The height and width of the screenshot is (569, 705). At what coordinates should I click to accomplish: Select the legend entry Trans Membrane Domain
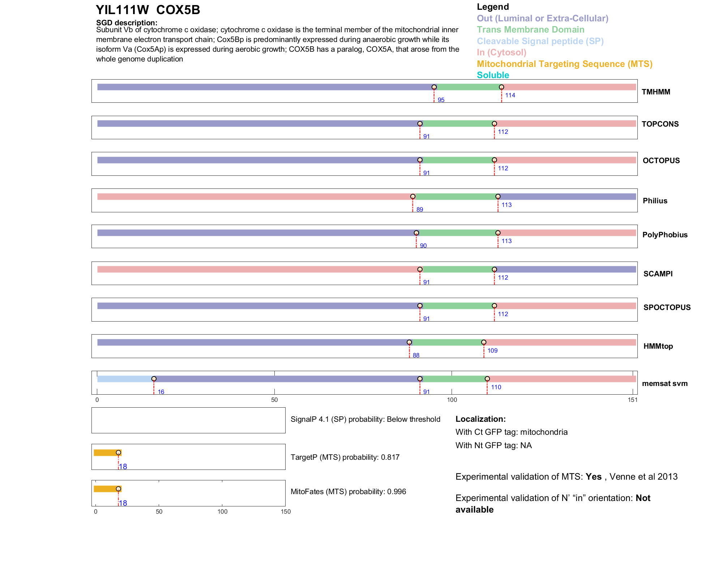(x=530, y=30)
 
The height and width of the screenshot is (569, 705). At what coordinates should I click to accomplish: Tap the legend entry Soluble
(x=493, y=75)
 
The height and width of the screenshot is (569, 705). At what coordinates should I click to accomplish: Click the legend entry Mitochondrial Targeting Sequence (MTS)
(x=564, y=64)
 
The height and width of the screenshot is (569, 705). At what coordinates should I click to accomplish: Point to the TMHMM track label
(x=655, y=92)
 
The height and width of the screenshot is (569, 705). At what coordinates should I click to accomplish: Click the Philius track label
(x=655, y=201)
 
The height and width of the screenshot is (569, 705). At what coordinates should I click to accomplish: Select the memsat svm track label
(x=665, y=383)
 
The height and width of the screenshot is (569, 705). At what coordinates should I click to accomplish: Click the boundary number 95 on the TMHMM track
(x=441, y=100)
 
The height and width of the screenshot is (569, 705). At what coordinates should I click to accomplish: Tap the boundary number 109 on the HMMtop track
(x=492, y=351)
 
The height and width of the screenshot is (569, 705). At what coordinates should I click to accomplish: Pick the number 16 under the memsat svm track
(x=161, y=392)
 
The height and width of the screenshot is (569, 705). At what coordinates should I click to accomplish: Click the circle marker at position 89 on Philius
(x=413, y=196)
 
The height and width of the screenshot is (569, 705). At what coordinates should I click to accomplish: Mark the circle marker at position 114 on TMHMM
(x=501, y=87)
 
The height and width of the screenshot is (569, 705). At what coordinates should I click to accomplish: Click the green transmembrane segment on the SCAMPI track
(x=457, y=269)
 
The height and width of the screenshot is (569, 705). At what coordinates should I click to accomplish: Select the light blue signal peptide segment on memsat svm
(x=125, y=379)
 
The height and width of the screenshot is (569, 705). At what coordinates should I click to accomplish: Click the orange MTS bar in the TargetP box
(x=106, y=453)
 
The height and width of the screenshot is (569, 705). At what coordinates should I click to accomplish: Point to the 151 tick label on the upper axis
(x=632, y=400)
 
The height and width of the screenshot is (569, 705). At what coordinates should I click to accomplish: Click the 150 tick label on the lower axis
(x=286, y=512)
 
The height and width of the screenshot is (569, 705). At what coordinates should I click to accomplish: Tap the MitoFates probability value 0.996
(x=397, y=492)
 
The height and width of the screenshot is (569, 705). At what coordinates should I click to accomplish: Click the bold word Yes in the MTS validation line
(x=593, y=477)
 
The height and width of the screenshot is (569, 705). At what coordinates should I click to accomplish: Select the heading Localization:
(x=480, y=419)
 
